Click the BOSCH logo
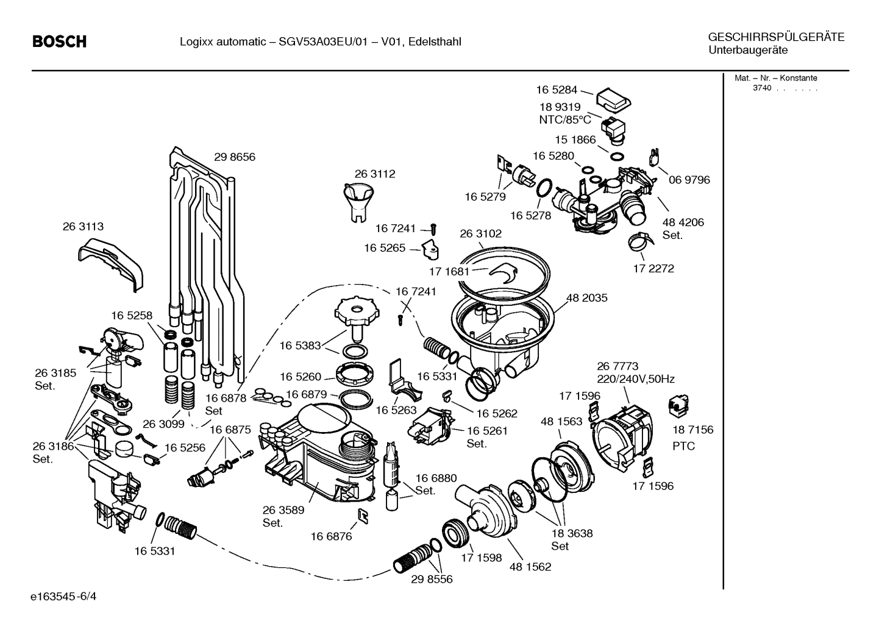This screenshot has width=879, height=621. pos(59,41)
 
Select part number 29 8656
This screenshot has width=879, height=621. pos(235,157)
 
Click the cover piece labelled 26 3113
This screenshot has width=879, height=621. pos(112,261)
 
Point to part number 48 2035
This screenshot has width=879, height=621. pos(586,298)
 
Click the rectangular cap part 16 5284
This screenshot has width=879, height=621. pos(613,99)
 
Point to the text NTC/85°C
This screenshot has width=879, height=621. pos(564,119)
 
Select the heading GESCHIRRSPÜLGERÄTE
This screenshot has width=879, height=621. pos(776,37)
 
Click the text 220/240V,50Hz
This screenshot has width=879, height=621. pos(635,379)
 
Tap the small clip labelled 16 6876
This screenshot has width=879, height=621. pos(363,517)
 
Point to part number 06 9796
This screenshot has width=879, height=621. pos(689,180)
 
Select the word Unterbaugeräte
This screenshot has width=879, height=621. pos(747,50)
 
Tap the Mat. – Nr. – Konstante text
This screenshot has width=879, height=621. pos(775,78)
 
